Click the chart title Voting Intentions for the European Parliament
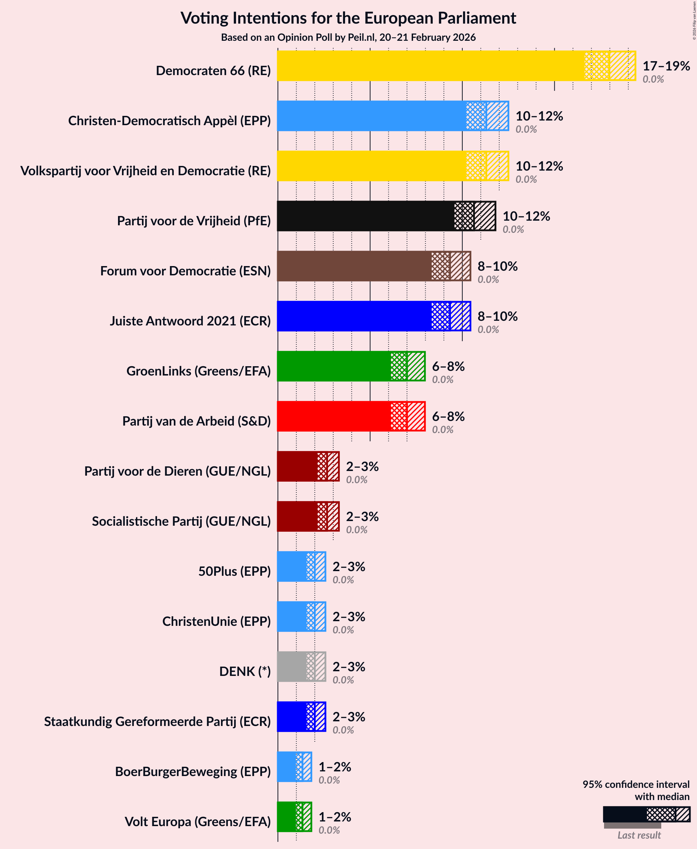click(348, 18)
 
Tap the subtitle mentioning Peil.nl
click(348, 37)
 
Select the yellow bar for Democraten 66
click(430, 66)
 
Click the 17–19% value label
click(666, 66)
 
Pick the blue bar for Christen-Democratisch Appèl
click(371, 116)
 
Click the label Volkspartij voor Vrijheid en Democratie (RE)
click(145, 171)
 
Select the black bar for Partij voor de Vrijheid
click(365, 216)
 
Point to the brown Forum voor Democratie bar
click(353, 266)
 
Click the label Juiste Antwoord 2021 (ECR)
click(190, 321)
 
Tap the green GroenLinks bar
click(333, 366)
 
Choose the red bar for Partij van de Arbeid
click(333, 416)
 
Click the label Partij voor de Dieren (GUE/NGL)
click(177, 471)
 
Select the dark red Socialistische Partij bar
click(297, 516)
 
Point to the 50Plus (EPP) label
click(235, 571)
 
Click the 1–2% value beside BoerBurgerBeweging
click(334, 767)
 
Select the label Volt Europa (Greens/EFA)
click(197, 821)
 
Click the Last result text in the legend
click(639, 835)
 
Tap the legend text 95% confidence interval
click(635, 784)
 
